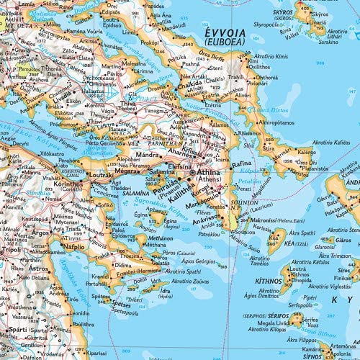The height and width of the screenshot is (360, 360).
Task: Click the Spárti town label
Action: pos(17,330)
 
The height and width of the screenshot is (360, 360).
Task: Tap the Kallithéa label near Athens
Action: pos(181,196)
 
